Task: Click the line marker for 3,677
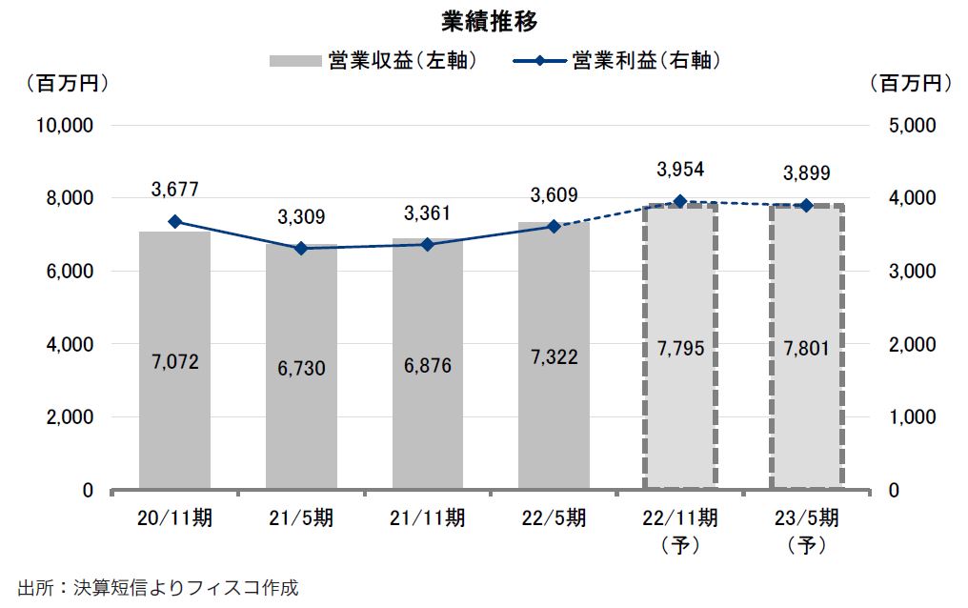174,221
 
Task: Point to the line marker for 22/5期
554,226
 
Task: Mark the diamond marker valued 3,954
680,201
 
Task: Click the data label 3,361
427,213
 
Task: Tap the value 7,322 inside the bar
554,357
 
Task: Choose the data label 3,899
806,172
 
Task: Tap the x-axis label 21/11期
427,519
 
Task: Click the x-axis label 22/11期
680,519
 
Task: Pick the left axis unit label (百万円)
66,84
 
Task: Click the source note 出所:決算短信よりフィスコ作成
157,586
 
